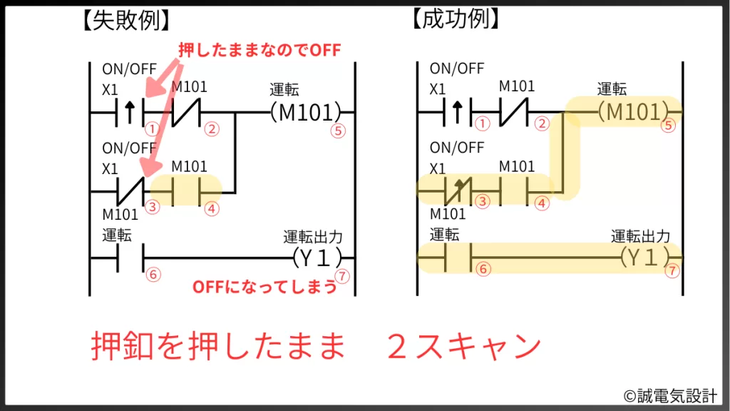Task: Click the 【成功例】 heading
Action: point(453,19)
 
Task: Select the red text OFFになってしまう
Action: point(264,288)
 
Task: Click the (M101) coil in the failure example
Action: point(305,113)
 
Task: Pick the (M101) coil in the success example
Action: point(632,112)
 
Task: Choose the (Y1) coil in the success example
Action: point(645,257)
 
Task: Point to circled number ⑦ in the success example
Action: point(672,272)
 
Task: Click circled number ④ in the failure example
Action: point(211,210)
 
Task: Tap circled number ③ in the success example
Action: point(483,202)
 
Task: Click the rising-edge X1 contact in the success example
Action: point(458,112)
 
